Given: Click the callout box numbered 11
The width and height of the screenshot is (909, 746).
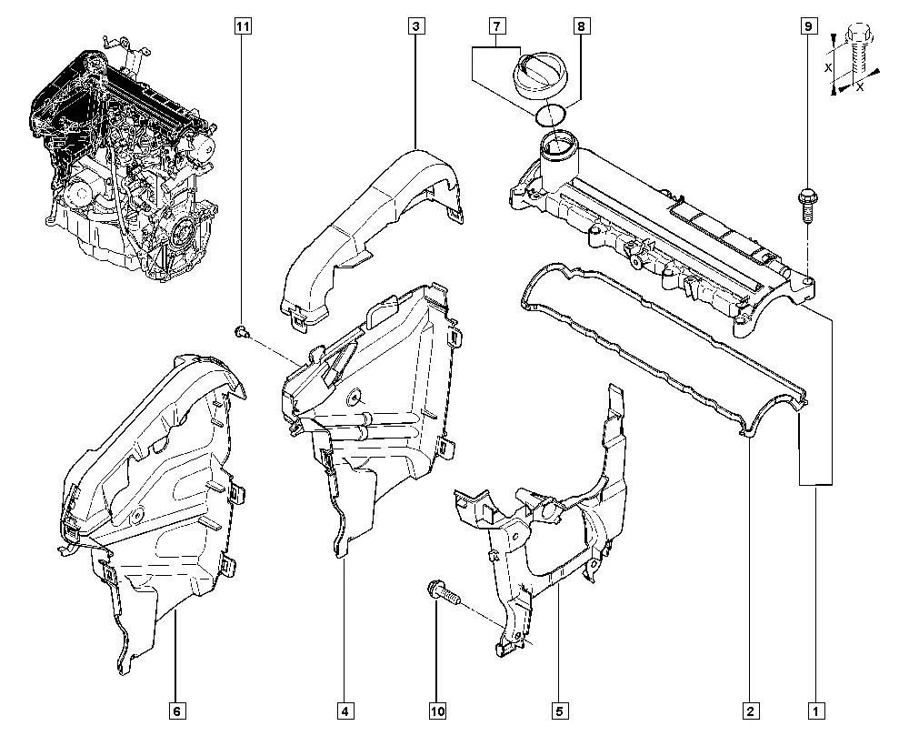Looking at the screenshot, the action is (x=243, y=26).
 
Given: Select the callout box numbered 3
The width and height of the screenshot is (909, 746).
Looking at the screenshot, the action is (x=416, y=26).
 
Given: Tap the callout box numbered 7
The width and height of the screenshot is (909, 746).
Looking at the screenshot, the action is (x=497, y=26).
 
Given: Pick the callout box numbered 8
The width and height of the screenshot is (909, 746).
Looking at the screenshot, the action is (x=581, y=26).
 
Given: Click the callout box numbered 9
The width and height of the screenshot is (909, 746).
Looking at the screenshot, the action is (x=808, y=26).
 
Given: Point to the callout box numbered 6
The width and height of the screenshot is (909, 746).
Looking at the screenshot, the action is (x=177, y=711).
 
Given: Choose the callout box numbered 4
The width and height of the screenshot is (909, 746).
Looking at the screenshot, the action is (x=345, y=711).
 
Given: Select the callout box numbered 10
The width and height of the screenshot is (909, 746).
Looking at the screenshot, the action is (x=438, y=711).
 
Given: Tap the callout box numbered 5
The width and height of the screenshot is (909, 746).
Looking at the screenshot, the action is (x=559, y=711).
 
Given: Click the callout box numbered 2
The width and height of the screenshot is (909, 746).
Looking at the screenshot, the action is (x=750, y=711).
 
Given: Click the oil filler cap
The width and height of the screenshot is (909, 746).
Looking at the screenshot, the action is (x=541, y=72).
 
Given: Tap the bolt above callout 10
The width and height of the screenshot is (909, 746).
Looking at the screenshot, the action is (x=444, y=593).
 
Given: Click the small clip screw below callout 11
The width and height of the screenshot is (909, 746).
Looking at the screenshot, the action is (x=242, y=332).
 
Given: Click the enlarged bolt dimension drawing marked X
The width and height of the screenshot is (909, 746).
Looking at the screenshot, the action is (x=854, y=59).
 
